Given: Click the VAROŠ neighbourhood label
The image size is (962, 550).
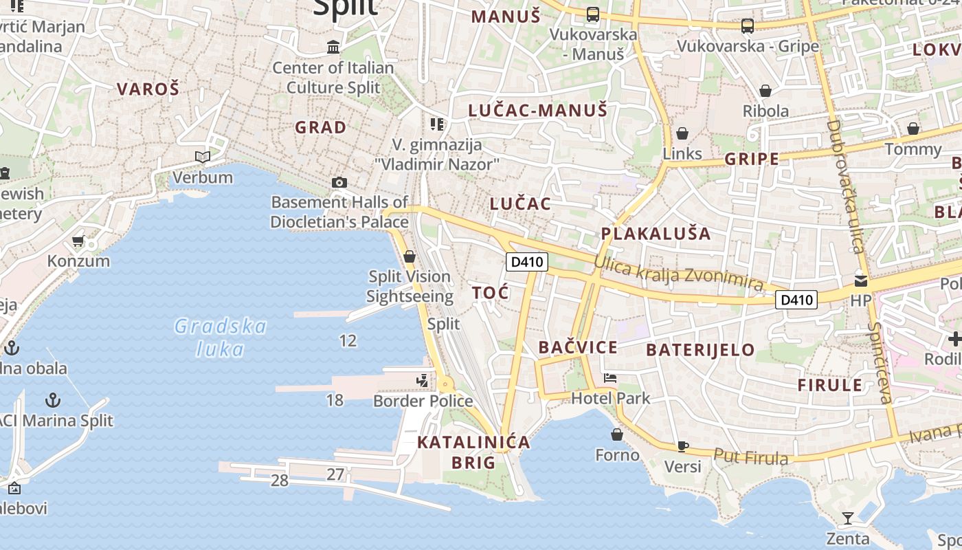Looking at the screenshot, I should coord(148,89).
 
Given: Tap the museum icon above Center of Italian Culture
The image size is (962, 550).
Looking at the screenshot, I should coord(334,47).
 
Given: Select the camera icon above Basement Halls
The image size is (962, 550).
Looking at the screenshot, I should coord(339,182).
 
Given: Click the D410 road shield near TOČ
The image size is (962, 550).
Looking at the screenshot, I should coord(526,262).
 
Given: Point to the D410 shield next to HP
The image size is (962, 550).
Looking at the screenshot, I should coord(796,300).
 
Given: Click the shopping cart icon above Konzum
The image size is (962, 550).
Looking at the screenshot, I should coord(78,241).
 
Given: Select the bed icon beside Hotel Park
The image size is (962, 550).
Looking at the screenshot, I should coord(609,377).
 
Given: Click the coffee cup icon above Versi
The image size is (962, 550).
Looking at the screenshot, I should coord(682,446).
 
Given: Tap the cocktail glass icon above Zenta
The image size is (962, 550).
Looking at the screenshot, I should coord(848,518).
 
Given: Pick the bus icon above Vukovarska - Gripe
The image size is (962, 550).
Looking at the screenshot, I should coord(748,26).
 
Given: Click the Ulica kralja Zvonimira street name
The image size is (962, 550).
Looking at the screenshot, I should coord(678,273).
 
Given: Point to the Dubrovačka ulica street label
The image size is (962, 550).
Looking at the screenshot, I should coord(845,186).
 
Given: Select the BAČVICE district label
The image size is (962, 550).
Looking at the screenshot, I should coord(578,347).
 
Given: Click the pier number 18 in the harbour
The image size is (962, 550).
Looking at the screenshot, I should coord(335,399).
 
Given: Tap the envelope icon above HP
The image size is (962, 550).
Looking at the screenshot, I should coord(860,281).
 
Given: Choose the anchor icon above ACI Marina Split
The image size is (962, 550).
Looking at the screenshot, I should coord(53,399).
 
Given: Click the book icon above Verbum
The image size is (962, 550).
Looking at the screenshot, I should coord(202,157).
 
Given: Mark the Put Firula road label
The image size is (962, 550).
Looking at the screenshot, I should coord(750,456).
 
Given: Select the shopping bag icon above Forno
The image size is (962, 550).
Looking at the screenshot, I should coord(617,434).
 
